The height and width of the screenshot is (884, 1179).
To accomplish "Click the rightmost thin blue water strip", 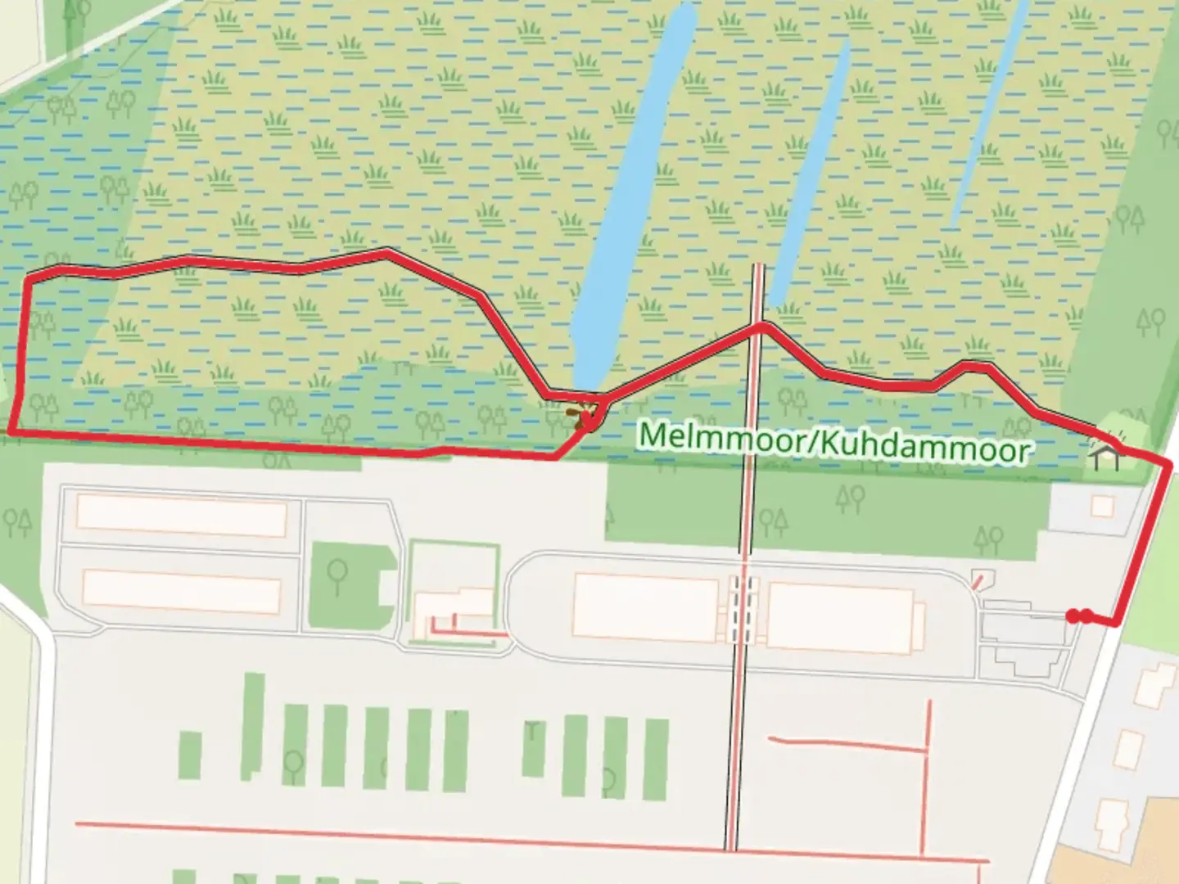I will [987, 115].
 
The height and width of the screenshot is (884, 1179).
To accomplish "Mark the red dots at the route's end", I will [1079, 616].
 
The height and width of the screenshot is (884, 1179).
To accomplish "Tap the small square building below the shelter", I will [1102, 507].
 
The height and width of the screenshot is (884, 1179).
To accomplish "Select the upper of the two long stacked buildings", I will [181, 513].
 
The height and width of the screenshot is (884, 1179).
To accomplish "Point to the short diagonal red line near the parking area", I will [978, 581].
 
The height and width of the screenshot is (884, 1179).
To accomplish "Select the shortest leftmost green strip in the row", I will [190, 755].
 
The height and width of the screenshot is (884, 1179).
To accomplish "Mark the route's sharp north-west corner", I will [29, 281].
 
